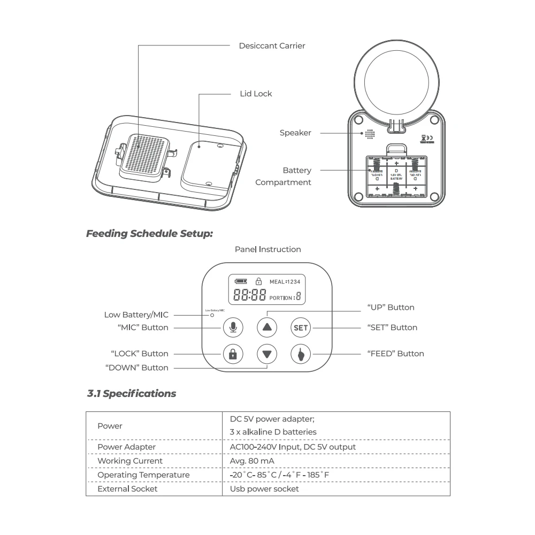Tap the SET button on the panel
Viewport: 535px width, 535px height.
pyautogui.click(x=301, y=327)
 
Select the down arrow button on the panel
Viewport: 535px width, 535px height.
pyautogui.click(x=267, y=354)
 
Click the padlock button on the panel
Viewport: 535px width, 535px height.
pyautogui.click(x=233, y=354)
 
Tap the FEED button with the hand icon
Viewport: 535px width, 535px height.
pyautogui.click(x=301, y=354)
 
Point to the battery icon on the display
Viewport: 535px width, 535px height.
pyautogui.click(x=241, y=281)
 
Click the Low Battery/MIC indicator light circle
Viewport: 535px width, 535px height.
pyautogui.click(x=212, y=315)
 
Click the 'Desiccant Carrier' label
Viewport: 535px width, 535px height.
pyautogui.click(x=272, y=46)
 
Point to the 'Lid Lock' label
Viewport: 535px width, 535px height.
pyautogui.click(x=256, y=94)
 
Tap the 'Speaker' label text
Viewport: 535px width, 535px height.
pyautogui.click(x=295, y=133)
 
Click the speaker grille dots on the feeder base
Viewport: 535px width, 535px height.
pyautogui.click(x=369, y=133)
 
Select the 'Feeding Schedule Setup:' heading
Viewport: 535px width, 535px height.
pyautogui.click(x=150, y=234)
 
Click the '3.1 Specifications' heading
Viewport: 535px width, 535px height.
pyautogui.click(x=132, y=394)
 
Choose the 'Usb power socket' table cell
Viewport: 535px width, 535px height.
pyautogui.click(x=264, y=489)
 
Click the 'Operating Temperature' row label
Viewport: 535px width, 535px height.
pyautogui.click(x=143, y=475)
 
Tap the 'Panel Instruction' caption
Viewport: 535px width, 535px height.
pyautogui.click(x=267, y=249)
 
